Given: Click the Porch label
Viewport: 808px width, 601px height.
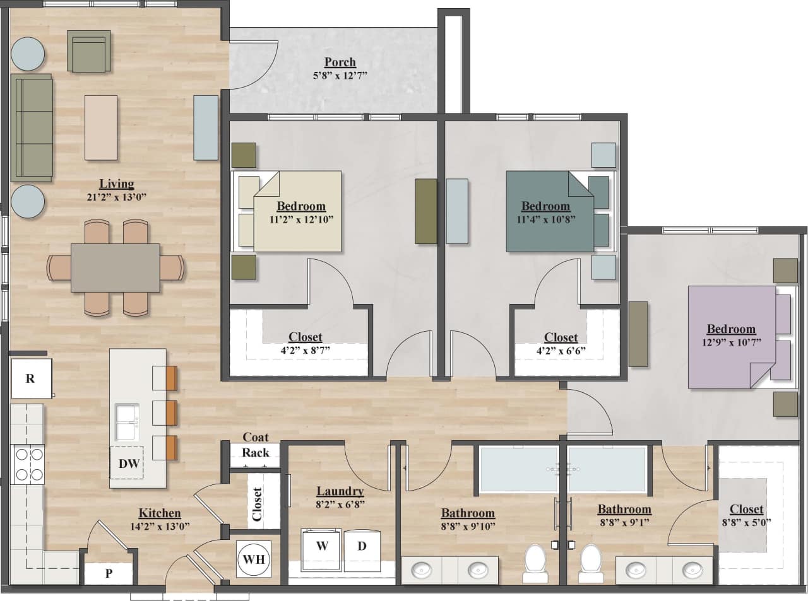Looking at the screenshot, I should pos(340,62).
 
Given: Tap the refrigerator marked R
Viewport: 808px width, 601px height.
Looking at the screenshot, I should pos(30,378).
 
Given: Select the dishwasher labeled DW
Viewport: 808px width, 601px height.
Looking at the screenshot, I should pos(129,464).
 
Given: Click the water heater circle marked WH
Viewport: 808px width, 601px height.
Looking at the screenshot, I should pos(254,559).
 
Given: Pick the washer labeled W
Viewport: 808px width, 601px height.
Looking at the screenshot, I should pos(322,546).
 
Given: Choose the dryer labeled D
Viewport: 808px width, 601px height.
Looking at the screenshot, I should pos(362,546).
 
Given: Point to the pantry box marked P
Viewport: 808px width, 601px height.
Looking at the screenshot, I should pos(109,573).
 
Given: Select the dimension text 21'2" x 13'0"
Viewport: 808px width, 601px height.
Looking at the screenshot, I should pos(117,197).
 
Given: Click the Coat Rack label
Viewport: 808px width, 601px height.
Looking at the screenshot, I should pos(255,445).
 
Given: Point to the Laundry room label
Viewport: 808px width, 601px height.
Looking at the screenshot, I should pos(340,491).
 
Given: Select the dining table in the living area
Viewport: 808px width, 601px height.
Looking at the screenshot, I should pos(115,267).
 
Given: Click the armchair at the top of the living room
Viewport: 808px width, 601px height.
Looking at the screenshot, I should pos(88,52).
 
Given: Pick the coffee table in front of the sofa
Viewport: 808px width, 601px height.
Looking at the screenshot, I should pos(101,127).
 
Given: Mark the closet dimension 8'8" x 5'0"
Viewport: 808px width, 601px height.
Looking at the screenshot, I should pos(746,522).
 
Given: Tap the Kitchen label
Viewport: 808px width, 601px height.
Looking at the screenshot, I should pos(160,513).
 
